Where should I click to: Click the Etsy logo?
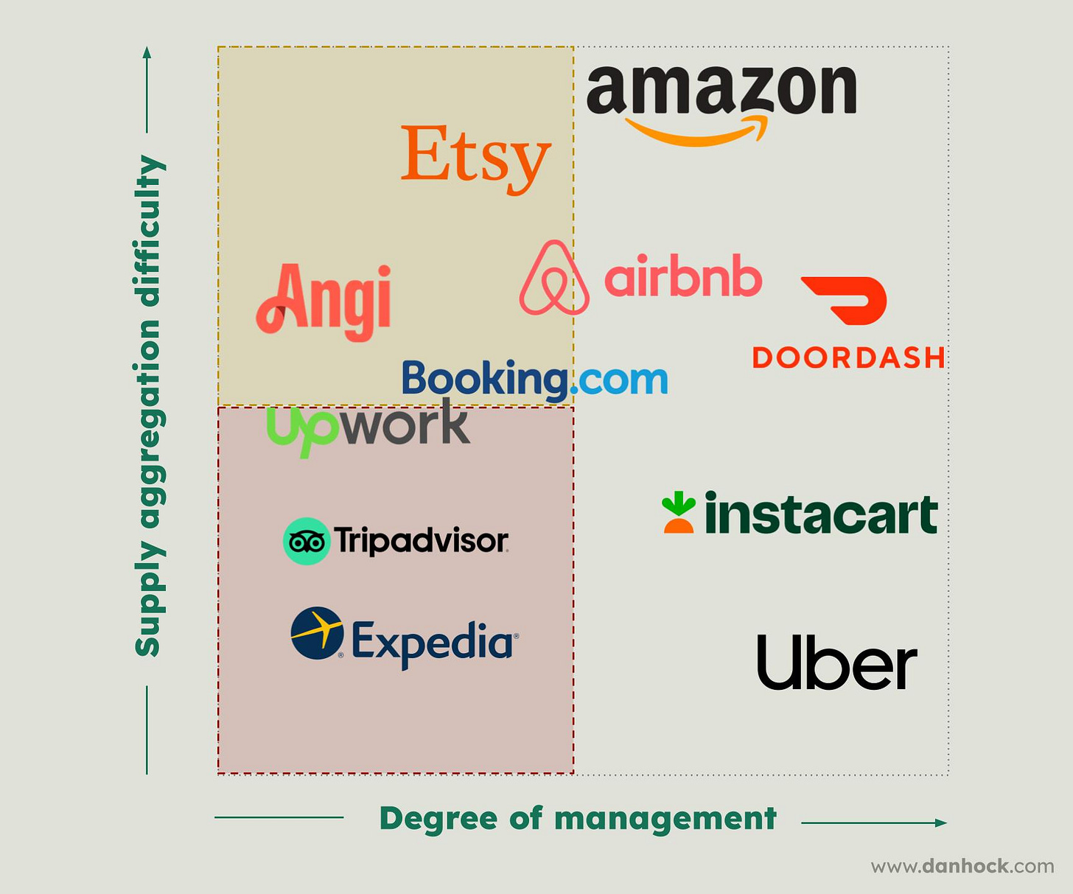click(x=475, y=156)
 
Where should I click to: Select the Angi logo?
click(x=324, y=302)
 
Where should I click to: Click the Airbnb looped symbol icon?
click(x=554, y=279)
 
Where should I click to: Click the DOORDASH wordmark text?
click(x=848, y=358)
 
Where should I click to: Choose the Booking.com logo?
click(x=534, y=380)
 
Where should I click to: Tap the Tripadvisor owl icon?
click(x=306, y=542)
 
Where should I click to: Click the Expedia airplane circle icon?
click(x=317, y=633)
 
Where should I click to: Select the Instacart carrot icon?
click(x=678, y=512)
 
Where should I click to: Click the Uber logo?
click(x=836, y=663)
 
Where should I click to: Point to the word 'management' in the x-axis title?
click(x=665, y=819)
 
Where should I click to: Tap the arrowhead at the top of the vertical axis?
click(x=147, y=52)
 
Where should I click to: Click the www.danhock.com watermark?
click(x=962, y=866)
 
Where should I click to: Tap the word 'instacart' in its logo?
click(x=820, y=514)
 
